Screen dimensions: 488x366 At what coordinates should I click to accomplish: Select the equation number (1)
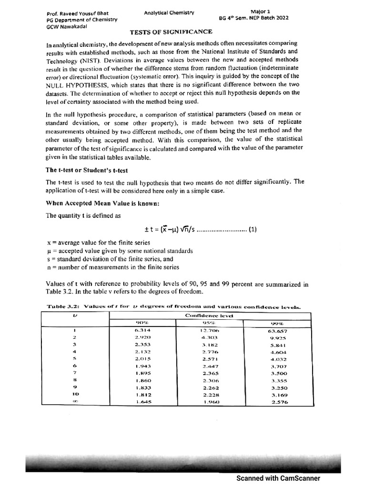pyautogui.click(x=252, y=229)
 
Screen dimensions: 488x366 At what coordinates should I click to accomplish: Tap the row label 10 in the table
pyautogui.click(x=75, y=395)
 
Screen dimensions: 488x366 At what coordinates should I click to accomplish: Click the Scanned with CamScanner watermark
pyautogui.click(x=278, y=478)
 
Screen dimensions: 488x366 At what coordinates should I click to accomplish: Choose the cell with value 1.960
pyautogui.click(x=210, y=403)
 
